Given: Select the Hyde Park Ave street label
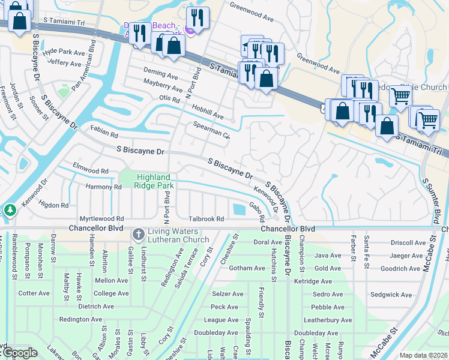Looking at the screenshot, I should (65, 53).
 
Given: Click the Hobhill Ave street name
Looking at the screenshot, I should (208, 111).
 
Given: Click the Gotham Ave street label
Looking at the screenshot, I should (247, 268).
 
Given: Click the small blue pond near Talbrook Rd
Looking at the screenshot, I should (239, 209).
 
